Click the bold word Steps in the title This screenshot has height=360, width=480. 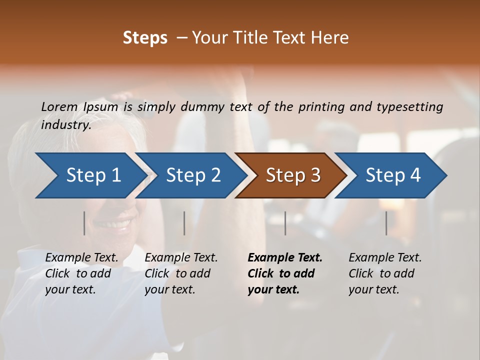[145, 38]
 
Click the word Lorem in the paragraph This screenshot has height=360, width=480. [59, 106]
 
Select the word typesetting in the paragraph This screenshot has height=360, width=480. [409, 106]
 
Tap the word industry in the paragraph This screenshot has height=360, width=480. [66, 125]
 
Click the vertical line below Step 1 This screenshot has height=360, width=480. [84, 223]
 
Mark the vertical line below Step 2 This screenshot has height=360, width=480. [184, 223]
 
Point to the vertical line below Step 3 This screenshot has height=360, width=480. [285, 223]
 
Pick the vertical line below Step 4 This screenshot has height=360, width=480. [386, 223]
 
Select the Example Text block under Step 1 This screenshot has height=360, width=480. [81, 273]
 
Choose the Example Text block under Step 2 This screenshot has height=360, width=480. [181, 273]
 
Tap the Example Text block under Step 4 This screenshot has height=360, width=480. [385, 273]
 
